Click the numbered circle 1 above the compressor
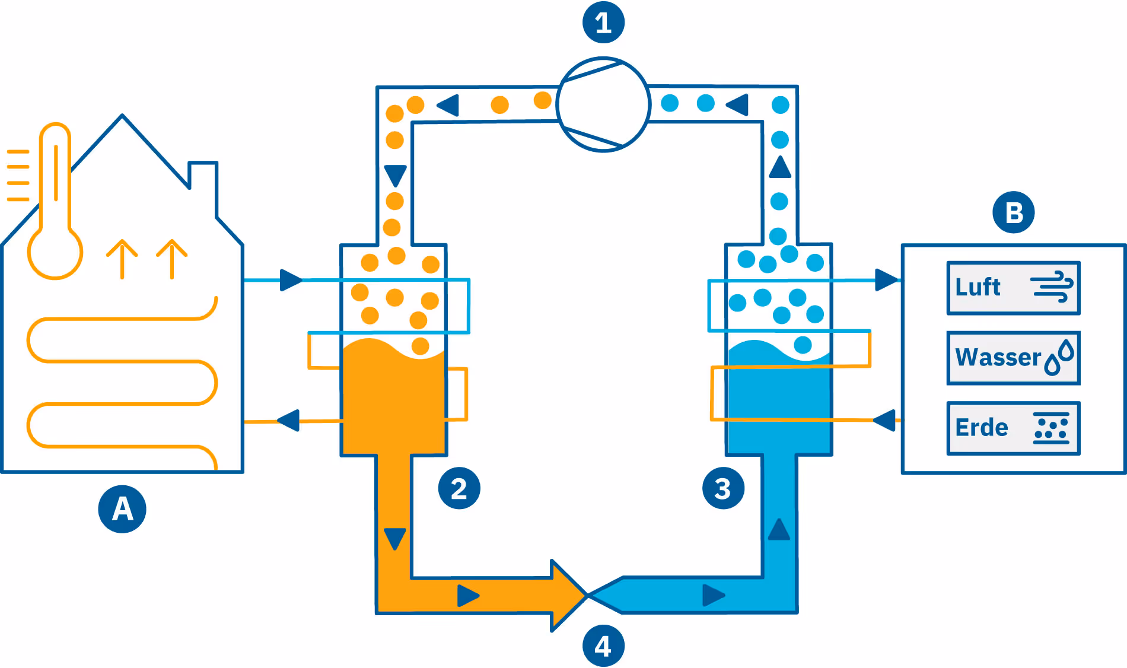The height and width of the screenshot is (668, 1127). (x=603, y=23)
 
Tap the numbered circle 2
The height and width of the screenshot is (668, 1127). (x=459, y=489)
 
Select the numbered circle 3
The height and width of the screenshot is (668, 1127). (x=723, y=489)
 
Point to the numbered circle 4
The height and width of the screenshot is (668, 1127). (x=603, y=646)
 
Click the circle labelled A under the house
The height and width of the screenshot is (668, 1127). (x=122, y=509)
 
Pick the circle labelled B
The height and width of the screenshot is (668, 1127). (x=1014, y=212)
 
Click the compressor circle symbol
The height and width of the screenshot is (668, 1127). (x=603, y=104)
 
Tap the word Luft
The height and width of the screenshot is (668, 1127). (x=978, y=288)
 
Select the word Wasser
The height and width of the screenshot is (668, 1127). (x=998, y=358)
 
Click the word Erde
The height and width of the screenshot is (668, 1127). (x=982, y=428)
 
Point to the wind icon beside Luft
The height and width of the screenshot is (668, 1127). (x=1052, y=287)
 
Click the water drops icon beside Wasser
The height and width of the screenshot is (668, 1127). (x=1059, y=358)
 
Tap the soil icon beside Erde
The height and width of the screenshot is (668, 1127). (x=1051, y=428)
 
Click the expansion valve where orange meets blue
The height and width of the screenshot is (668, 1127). (x=587, y=595)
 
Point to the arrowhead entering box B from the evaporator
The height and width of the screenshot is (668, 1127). (x=886, y=280)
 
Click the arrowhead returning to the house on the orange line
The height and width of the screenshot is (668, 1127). (x=289, y=421)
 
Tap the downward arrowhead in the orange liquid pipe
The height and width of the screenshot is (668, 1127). (x=395, y=539)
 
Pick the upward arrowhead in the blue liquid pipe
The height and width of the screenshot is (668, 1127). (x=779, y=529)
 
